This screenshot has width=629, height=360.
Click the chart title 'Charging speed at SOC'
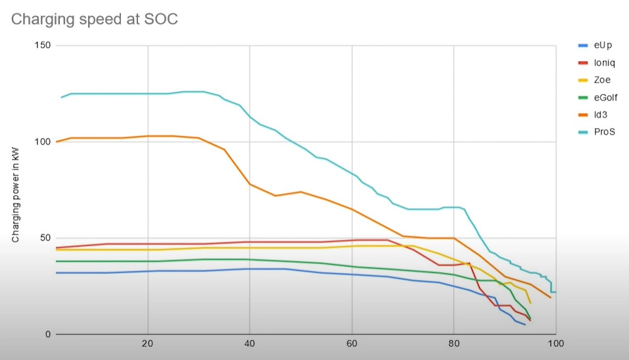tap(94, 19)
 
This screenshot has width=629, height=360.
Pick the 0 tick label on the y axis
tap(48, 334)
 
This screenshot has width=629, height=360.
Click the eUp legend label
tap(603, 46)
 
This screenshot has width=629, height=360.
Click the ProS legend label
tap(604, 132)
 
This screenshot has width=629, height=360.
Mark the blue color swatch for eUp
tap(583, 46)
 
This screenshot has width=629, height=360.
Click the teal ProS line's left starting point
tap(62, 97)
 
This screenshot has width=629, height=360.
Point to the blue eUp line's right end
tap(525, 325)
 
